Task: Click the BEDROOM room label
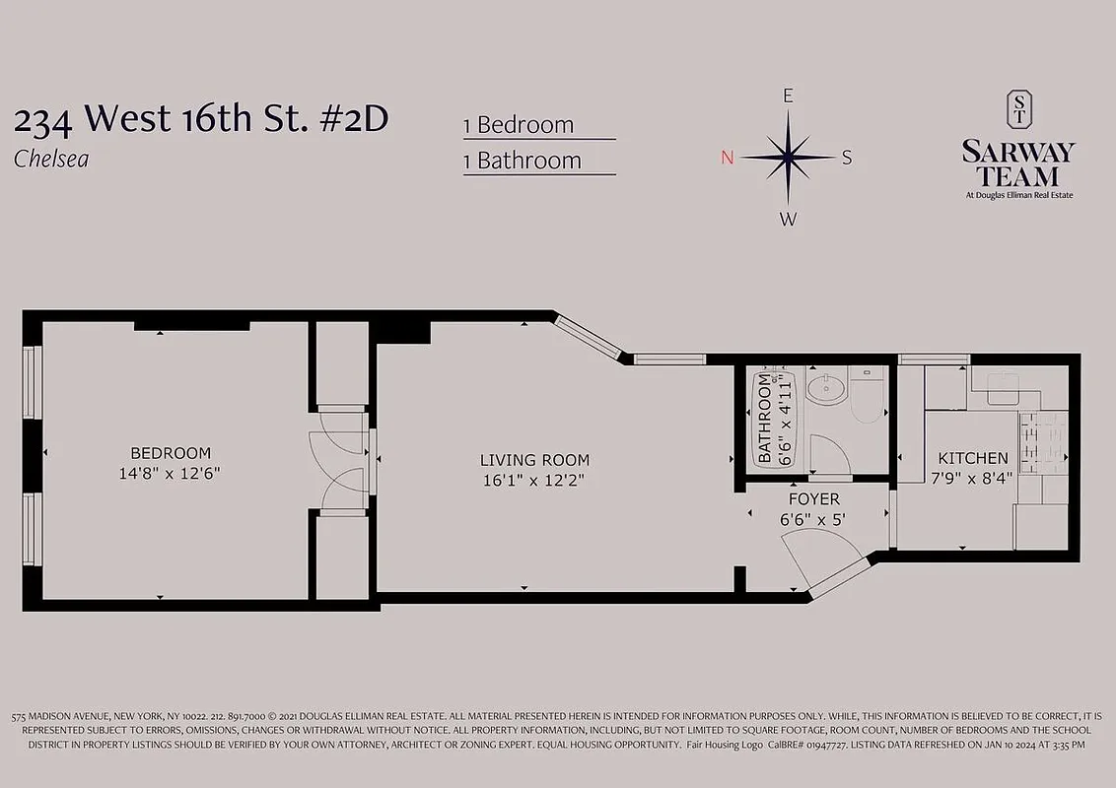coord(171,453)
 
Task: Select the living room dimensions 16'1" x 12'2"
coord(534,481)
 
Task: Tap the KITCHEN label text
coord(972,458)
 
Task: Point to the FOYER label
coord(813,499)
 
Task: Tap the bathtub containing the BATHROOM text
coord(769,419)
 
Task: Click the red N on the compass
coord(728,159)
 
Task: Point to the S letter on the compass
coord(847,159)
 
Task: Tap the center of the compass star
coord(788,157)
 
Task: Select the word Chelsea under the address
coord(51,159)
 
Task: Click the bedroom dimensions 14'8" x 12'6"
coord(171,473)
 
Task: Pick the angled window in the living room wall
coord(588,336)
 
